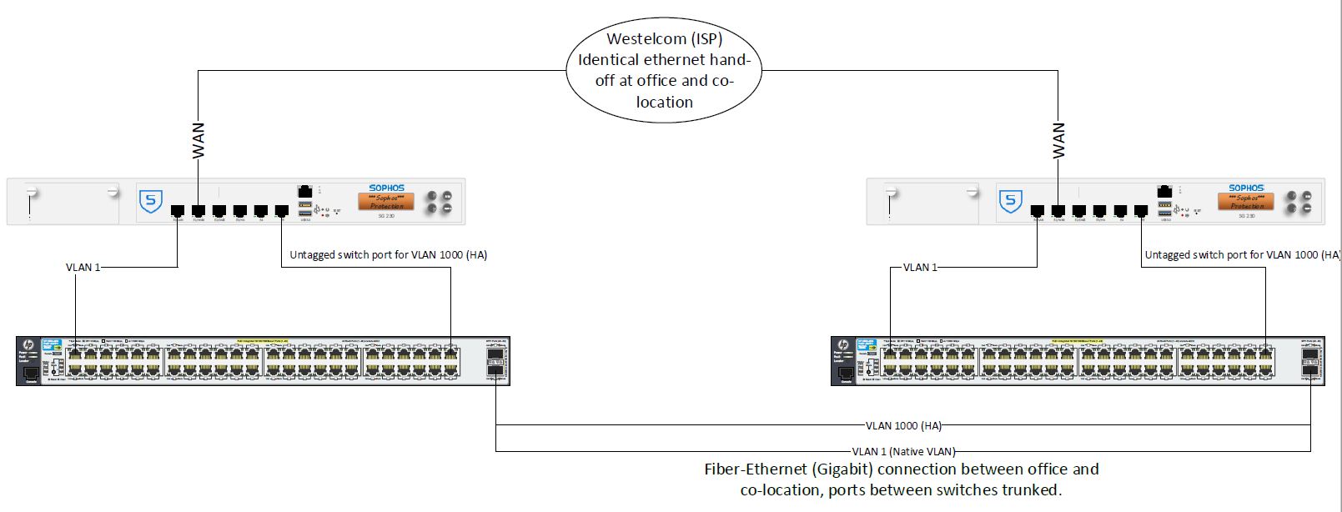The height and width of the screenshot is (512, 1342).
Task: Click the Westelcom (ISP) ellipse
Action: (664, 70)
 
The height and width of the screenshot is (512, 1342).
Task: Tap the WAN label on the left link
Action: (199, 140)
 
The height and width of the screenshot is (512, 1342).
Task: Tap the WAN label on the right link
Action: (1058, 140)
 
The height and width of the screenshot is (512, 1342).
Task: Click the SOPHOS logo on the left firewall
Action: (386, 188)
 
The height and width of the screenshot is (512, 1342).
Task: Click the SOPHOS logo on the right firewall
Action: (1246, 188)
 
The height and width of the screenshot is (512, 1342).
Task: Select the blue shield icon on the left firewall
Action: (150, 201)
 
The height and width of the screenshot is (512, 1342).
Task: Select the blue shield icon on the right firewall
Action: (1010, 201)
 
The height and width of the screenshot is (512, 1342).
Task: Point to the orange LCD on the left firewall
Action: (386, 202)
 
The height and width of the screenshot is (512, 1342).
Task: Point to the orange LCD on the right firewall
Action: (1246, 202)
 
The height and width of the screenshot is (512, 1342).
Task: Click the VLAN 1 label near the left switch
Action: (83, 268)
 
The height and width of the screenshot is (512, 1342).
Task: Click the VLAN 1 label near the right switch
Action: (920, 268)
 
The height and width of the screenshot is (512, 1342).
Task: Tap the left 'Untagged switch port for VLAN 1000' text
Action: (388, 255)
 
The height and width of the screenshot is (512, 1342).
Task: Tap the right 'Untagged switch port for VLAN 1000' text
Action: (1242, 255)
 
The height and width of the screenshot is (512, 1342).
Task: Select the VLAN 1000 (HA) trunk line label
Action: (903, 426)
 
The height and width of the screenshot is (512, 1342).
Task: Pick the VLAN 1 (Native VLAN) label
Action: (903, 452)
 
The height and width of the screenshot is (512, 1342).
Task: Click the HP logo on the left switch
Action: (28, 345)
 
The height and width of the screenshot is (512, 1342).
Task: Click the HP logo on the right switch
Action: (842, 345)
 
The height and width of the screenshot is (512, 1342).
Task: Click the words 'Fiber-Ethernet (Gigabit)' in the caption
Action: (788, 469)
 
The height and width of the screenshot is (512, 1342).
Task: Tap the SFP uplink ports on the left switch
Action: (495, 361)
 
